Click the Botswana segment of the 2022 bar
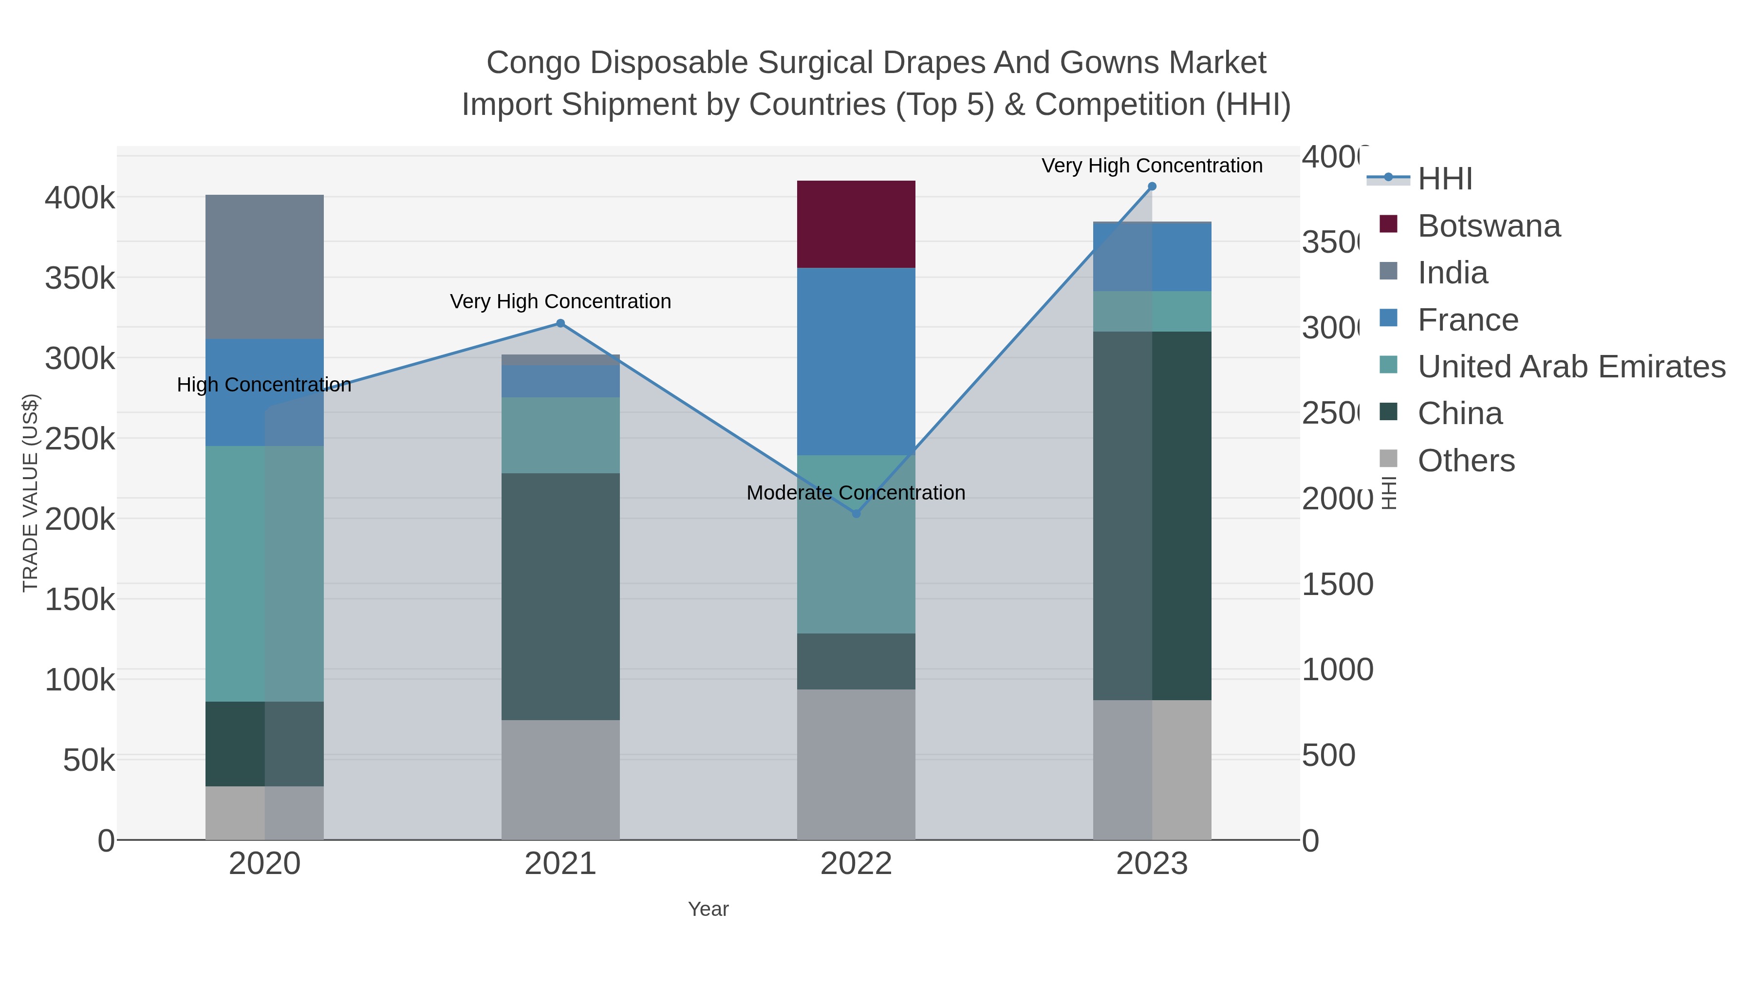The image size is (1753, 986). coord(856,224)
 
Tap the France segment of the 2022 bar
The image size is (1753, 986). coord(856,361)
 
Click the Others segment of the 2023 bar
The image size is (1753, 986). coord(1152,770)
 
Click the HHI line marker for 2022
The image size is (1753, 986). coord(856,514)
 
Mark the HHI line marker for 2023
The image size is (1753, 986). coord(1152,186)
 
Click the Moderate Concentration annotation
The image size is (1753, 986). coord(856,493)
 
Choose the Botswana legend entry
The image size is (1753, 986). coord(1488,226)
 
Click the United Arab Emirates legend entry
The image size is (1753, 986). coord(1570,367)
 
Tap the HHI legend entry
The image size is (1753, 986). coord(1444,179)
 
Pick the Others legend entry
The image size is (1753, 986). coord(1466,461)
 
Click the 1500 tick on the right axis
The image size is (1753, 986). coord(1337,584)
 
